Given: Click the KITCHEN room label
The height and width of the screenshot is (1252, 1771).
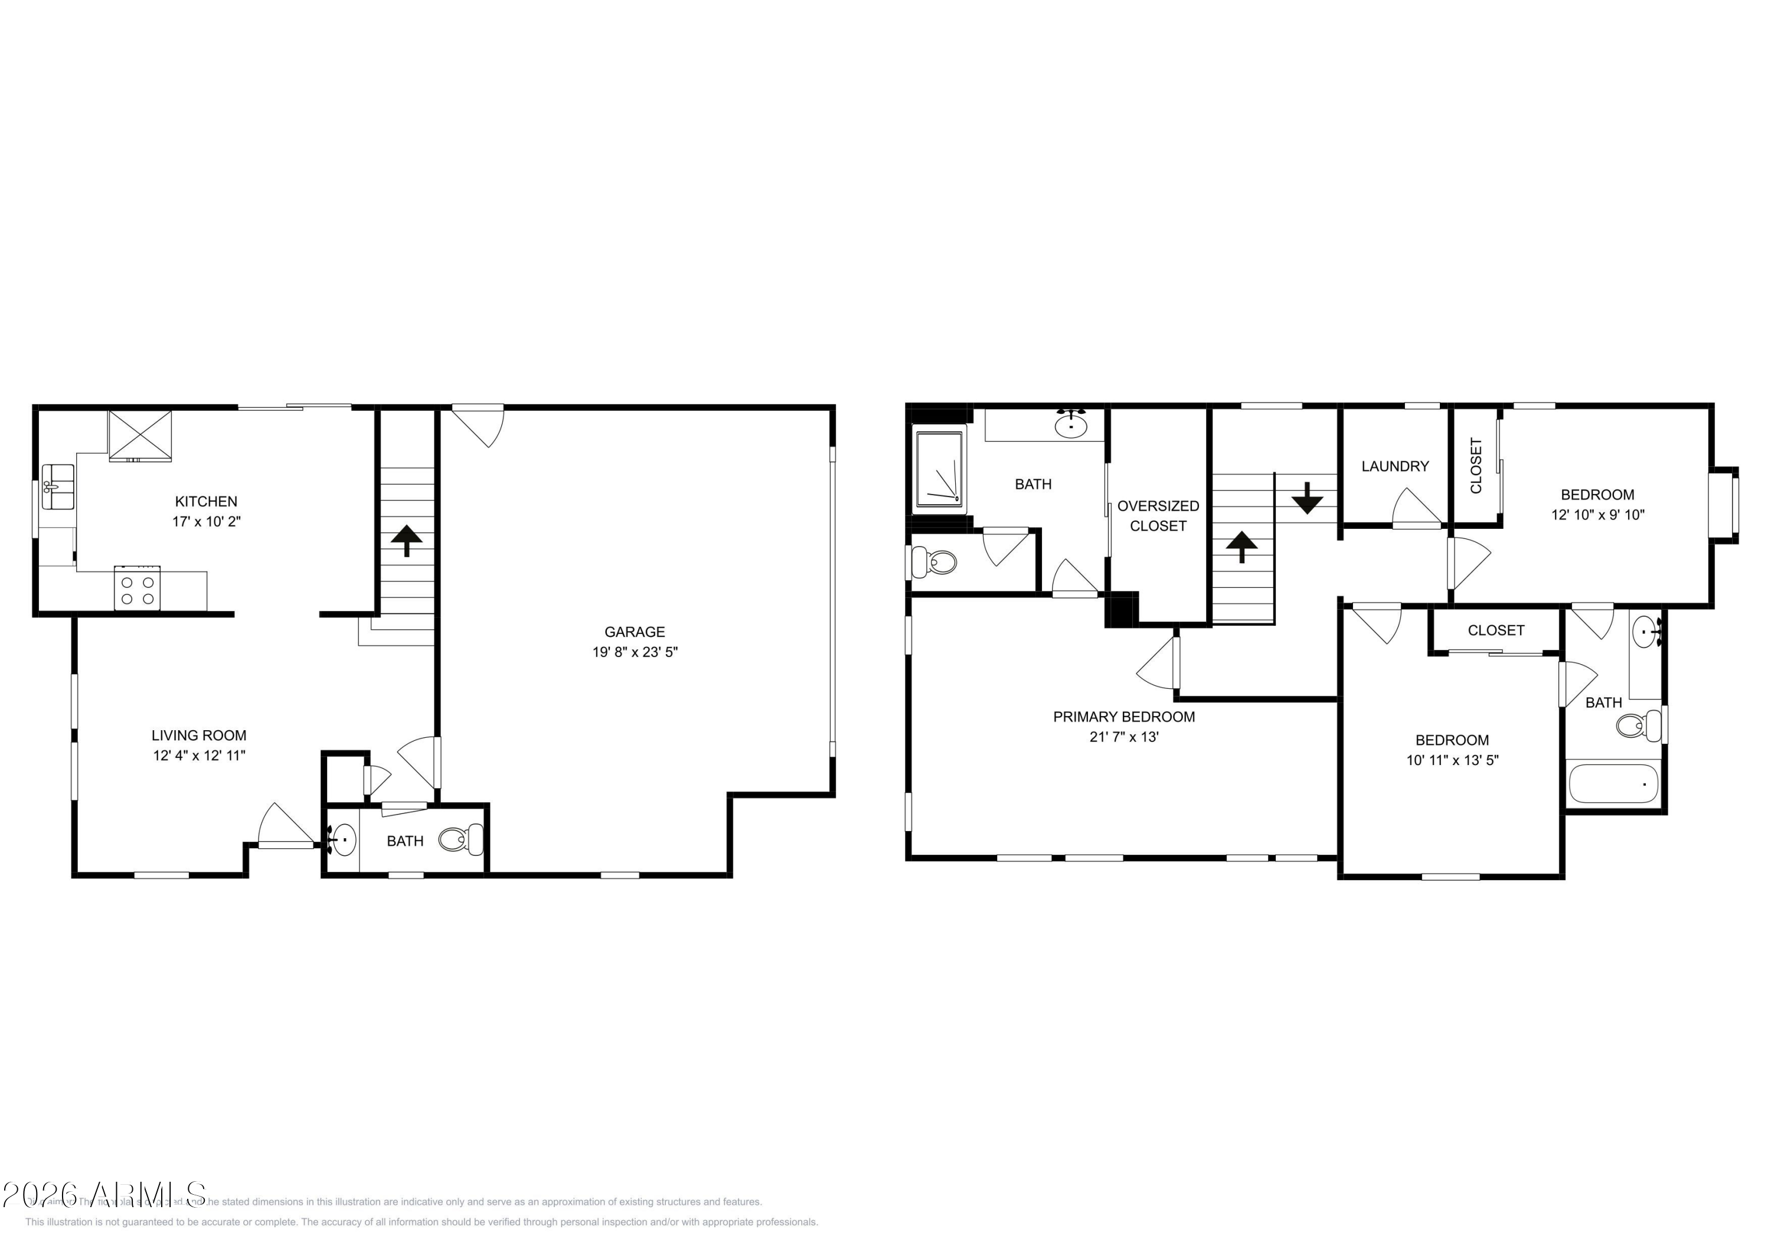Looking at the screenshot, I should point(206,501).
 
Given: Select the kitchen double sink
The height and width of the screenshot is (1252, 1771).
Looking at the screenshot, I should point(58,487).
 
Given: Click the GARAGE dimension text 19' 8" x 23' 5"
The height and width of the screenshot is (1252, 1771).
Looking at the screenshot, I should point(635,652).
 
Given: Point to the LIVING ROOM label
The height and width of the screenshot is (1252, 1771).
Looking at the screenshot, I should point(199,735).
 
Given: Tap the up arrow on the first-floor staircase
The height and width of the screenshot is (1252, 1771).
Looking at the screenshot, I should point(407,541).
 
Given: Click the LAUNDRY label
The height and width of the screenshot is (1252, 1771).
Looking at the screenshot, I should point(1394,466).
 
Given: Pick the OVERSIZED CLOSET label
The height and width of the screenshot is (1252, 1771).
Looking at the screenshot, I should point(1158,515).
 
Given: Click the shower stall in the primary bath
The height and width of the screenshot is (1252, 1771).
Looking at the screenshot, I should point(939,470).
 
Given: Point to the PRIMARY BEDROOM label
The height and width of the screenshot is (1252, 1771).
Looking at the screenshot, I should point(1124,717).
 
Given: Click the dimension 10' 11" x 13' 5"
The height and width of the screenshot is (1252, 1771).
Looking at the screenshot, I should point(1452,760).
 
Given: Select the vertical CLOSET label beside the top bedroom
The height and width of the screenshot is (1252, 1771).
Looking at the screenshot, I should point(1476,466).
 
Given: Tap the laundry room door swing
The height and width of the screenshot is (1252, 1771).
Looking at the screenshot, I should point(1414,509).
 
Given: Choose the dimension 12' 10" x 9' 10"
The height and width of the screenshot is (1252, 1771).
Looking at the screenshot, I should point(1597,515).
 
